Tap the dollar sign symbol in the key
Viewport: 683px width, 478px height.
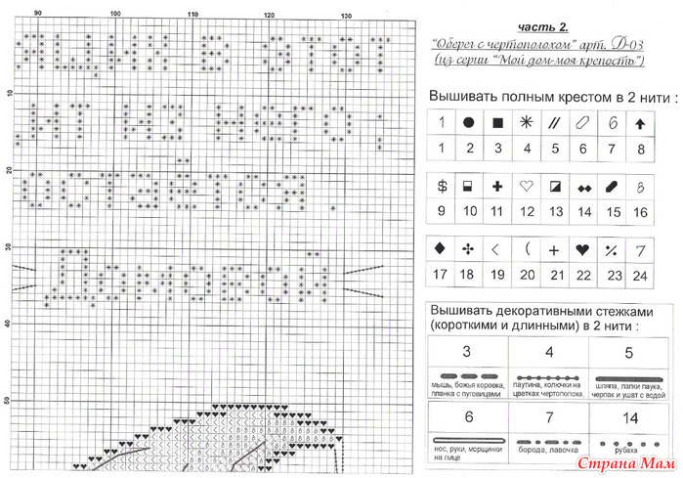point(442,185)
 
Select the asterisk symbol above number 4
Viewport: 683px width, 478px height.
point(527,123)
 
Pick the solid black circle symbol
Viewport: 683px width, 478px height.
point(469,123)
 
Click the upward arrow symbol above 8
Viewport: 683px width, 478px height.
point(640,124)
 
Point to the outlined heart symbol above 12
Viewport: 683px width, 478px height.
point(527,185)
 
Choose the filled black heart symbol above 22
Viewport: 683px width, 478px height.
point(583,249)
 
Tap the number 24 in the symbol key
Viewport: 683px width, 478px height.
point(640,276)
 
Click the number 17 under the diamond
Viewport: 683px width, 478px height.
point(442,276)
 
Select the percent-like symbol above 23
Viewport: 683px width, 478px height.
point(612,249)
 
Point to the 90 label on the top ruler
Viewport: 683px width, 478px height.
point(37,14)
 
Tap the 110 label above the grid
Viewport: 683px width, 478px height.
point(192,14)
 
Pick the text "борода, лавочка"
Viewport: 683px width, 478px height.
point(548,456)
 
